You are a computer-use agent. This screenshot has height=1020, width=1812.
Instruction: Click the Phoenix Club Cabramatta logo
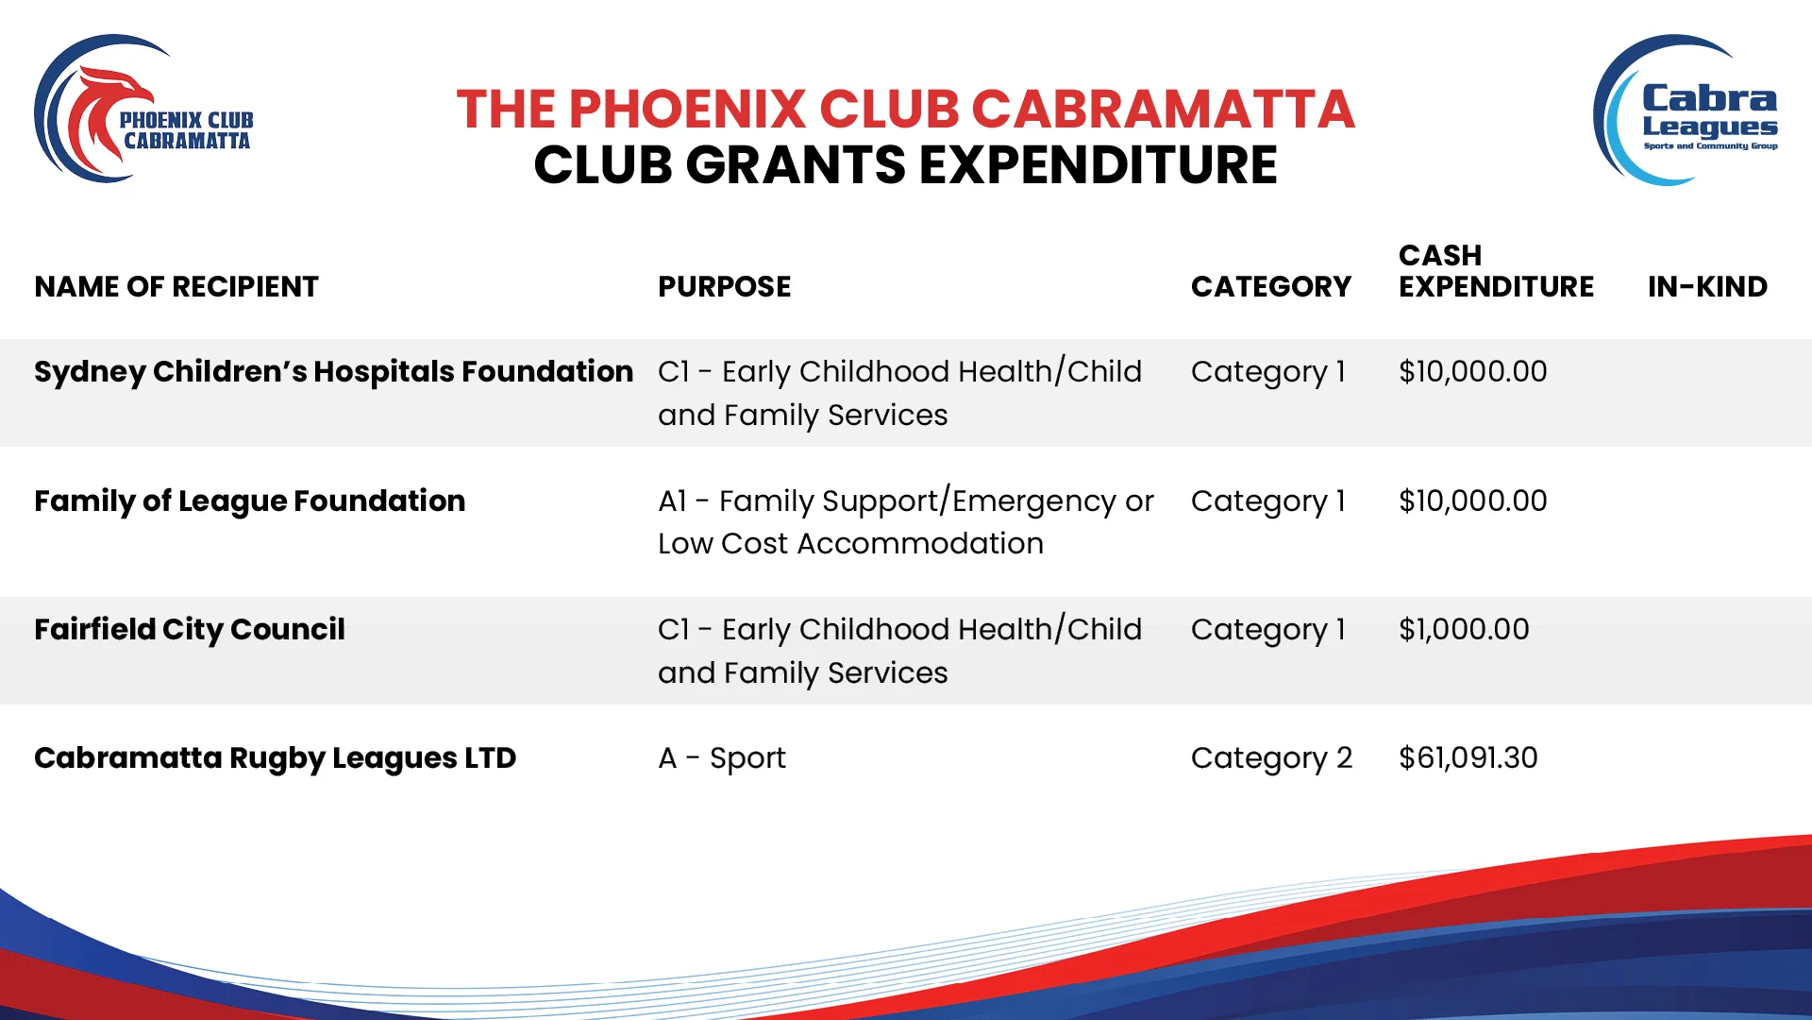click(x=143, y=110)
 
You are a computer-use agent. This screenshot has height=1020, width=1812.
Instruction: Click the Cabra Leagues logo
click(x=1686, y=110)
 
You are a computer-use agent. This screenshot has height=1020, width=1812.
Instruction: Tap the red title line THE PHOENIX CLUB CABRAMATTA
click(x=905, y=109)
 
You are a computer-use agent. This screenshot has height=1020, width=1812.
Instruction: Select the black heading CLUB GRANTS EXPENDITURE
click(x=905, y=165)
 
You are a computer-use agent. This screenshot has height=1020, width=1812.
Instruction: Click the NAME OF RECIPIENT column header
click(x=176, y=286)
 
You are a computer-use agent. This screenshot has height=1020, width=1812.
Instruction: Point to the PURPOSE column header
click(x=724, y=286)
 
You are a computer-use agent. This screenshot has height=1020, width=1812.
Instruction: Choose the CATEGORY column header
click(x=1270, y=286)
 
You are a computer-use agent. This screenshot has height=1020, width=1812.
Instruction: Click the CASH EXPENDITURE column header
click(x=1496, y=270)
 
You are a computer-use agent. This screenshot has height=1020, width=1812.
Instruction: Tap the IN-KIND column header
click(x=1707, y=286)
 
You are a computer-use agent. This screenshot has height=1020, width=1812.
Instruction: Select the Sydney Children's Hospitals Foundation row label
click(x=333, y=372)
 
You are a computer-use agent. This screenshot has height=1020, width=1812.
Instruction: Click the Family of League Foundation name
click(x=249, y=501)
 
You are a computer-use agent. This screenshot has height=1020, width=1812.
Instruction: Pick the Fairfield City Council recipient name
click(x=190, y=630)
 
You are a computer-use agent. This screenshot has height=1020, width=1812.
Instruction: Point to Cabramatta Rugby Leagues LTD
click(x=275, y=758)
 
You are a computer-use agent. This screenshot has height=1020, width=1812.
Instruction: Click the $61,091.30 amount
click(x=1468, y=757)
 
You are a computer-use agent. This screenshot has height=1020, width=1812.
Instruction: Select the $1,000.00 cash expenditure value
click(x=1464, y=629)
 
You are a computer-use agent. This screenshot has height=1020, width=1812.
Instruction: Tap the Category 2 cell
click(x=1271, y=758)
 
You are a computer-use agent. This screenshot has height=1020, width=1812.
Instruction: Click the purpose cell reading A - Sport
click(x=722, y=758)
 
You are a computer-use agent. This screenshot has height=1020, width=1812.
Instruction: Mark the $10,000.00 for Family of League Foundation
click(x=1472, y=501)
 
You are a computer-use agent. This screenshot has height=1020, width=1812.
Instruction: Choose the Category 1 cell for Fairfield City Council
click(x=1267, y=630)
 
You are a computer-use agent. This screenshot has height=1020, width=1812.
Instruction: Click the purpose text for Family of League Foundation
click(x=906, y=522)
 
